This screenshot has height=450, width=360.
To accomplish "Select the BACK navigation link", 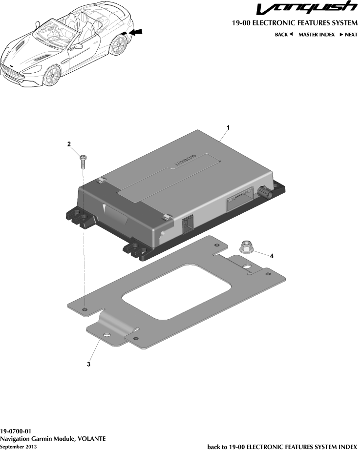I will (283, 35).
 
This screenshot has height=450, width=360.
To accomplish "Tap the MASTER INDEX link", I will (317, 35).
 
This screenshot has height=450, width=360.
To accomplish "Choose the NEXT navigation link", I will (348, 35).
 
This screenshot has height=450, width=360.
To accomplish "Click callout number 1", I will (228, 127).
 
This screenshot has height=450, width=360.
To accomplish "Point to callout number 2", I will (69, 144).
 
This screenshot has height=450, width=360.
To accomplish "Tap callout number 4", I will (272, 255).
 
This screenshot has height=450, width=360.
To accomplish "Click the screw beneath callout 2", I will (83, 161).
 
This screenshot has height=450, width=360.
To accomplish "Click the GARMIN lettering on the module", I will (185, 161).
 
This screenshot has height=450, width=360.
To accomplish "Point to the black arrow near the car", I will (137, 32).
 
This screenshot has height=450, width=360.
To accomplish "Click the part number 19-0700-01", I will (16, 431).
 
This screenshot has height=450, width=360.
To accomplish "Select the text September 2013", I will (19, 447).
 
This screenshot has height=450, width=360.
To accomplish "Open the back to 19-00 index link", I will (282, 447).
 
